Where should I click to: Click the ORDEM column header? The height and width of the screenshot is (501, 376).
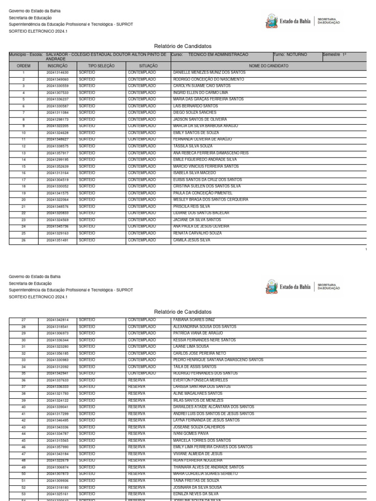[23, 66]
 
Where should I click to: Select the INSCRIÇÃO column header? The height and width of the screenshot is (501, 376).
[57, 66]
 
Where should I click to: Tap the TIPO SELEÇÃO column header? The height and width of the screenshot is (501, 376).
[101, 66]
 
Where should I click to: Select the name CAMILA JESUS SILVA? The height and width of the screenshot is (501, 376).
[192, 240]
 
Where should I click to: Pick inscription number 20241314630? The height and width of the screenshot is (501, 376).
[57, 72]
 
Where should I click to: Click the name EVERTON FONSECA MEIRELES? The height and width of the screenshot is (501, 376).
[201, 380]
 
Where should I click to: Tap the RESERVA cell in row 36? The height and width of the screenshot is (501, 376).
[137, 380]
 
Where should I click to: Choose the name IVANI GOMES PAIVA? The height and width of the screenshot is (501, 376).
[191, 433]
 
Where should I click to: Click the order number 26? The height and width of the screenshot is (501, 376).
[23, 240]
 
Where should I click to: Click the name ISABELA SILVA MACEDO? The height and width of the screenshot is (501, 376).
[194, 173]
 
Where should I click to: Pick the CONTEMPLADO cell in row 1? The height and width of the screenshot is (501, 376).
[142, 72]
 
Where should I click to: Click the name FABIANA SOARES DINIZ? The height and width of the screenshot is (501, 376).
[194, 319]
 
